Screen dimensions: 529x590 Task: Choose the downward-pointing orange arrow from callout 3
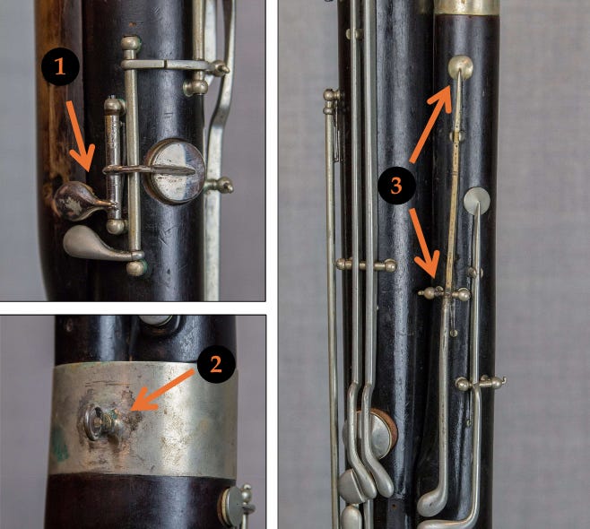tap(425, 242)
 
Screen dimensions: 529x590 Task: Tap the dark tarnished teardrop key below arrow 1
tap(74, 199)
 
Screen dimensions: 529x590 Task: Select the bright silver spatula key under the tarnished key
tap(88, 240)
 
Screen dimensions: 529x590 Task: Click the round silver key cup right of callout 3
tap(477, 201)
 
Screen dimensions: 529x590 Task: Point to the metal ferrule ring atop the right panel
tap(466, 6)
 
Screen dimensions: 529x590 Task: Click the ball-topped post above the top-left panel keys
tap(131, 42)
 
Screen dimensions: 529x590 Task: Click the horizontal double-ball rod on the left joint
tap(365, 264)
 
